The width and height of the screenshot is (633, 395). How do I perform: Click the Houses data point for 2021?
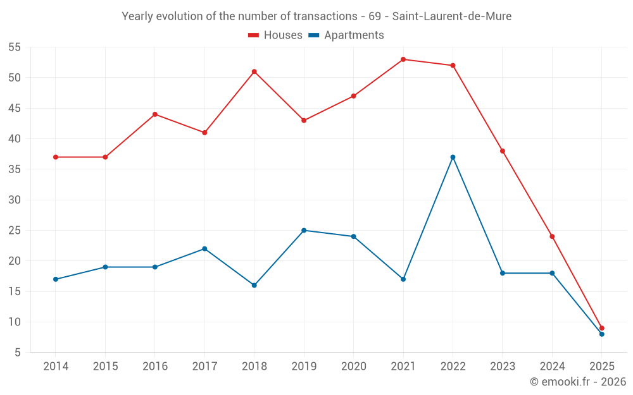403,59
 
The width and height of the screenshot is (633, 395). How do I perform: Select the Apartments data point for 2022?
453,157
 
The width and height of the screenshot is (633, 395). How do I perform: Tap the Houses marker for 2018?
254,71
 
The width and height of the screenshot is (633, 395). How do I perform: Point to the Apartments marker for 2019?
304,230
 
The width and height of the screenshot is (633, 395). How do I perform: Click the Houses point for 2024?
552,236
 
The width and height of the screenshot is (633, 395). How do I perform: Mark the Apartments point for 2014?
56,279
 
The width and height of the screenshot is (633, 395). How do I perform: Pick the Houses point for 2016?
155,114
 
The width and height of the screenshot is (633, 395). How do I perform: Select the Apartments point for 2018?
254,285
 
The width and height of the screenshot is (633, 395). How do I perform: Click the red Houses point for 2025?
602,328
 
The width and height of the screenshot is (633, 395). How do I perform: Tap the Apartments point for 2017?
204,248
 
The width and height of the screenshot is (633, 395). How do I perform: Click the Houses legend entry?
275,35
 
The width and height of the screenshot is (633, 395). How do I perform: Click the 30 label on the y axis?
14,200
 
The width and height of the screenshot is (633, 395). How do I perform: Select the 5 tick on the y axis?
18,353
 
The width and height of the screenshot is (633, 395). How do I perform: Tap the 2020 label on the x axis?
353,367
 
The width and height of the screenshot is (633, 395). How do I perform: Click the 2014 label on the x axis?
56,367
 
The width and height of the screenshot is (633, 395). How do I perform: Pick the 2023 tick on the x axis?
503,367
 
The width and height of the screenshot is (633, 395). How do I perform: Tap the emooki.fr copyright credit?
577,382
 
